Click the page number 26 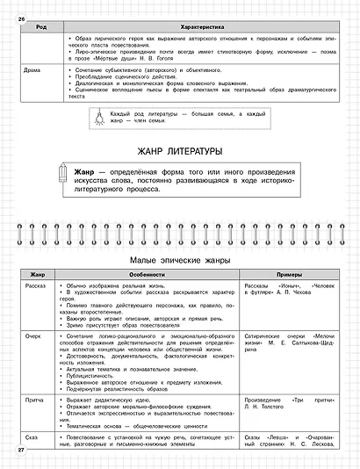click(20, 7)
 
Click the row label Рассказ click(40, 286)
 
